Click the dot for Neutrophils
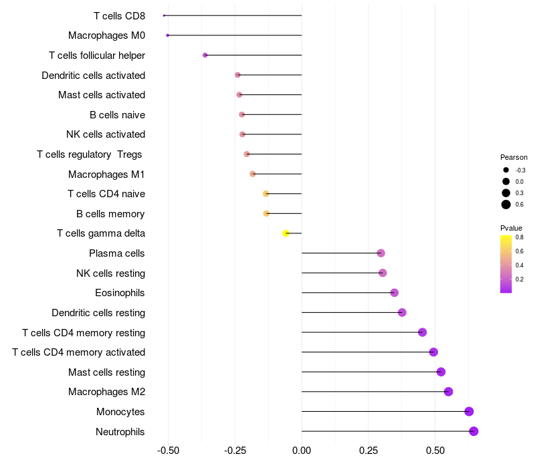point(473,431)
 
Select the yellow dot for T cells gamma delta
point(286,233)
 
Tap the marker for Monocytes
point(469,412)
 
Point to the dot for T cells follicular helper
point(205,55)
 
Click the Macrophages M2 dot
point(448,392)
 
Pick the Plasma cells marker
point(381,253)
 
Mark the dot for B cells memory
point(266,213)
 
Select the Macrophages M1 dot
point(252,174)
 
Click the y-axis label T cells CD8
point(119,15)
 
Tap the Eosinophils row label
point(120,293)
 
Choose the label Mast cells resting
point(106,372)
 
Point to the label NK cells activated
point(106,134)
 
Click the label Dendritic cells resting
point(98,312)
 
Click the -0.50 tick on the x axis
point(168,451)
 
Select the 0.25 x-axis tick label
point(368,451)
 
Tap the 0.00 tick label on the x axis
point(302,451)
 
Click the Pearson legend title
point(514,157)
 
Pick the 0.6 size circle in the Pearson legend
point(506,205)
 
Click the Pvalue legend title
point(511,228)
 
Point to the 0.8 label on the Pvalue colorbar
point(519,237)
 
